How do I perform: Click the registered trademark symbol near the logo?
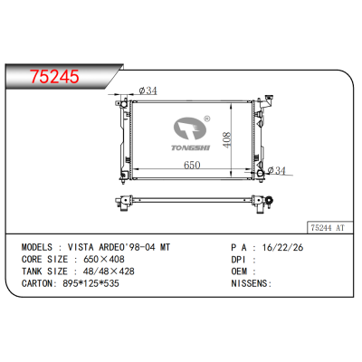206,116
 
